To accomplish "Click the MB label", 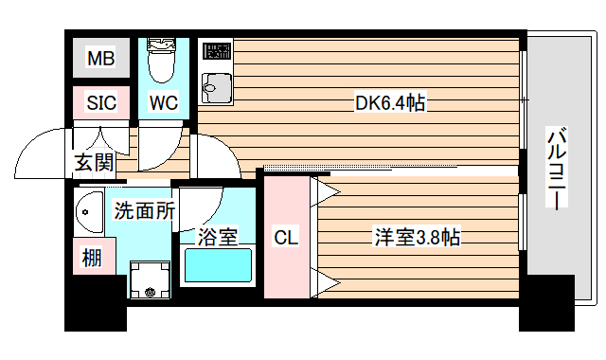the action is tap(101, 60).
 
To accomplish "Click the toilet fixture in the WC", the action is tap(163, 61).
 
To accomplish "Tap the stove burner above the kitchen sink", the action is tap(217, 50).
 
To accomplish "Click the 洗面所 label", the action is tap(144, 211).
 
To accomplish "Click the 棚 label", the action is tap(92, 256).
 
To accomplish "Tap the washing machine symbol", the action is tap(148, 281).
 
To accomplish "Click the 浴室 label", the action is tap(218, 237).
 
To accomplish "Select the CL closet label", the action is tap(286, 237).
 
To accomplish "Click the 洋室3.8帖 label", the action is tap(416, 237).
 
